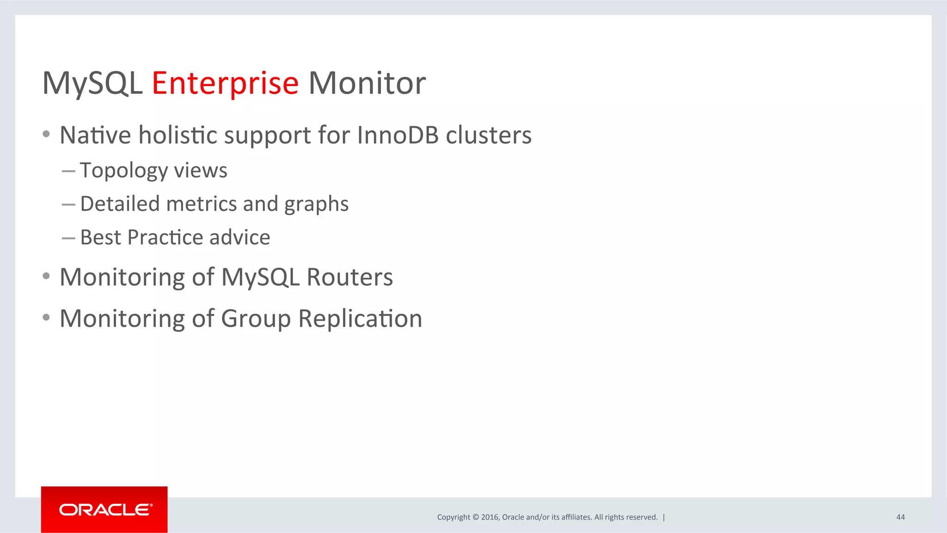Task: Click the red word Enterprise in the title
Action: (225, 84)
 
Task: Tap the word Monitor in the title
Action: (367, 84)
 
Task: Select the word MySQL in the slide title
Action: (92, 84)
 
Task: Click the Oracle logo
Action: (105, 509)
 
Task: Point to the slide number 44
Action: (900, 517)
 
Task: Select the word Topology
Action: (123, 171)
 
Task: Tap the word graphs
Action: (316, 204)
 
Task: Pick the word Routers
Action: (350, 277)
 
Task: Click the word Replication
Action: (360, 319)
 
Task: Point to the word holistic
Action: (178, 135)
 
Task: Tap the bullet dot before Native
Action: (46, 134)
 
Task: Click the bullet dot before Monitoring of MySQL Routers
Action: (46, 276)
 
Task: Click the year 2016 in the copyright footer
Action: (489, 517)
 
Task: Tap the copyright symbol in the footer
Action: (475, 517)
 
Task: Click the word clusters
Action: (488, 135)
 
